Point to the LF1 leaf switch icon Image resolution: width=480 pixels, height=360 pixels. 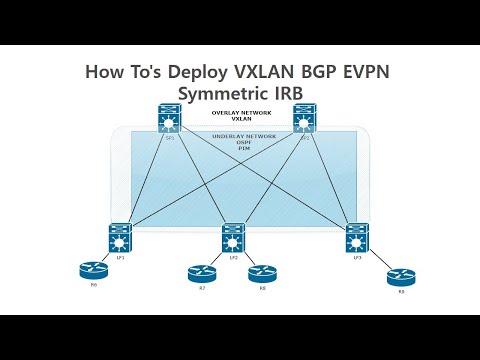click(121, 237)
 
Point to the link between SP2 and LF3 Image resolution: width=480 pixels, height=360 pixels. click(331, 178)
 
